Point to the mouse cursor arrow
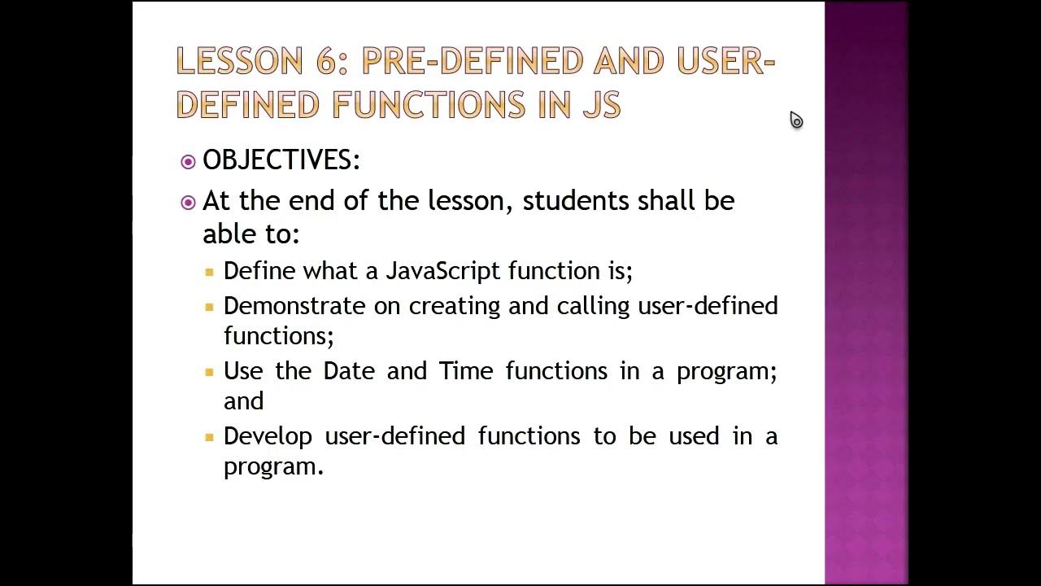pyautogui.click(x=795, y=120)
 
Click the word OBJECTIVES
pyautogui.click(x=281, y=160)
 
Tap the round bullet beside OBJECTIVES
pyautogui.click(x=188, y=161)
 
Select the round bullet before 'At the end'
pyautogui.click(x=188, y=202)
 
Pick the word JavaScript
pyautogui.click(x=443, y=271)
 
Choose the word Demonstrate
pyautogui.click(x=294, y=306)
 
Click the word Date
pyautogui.click(x=349, y=371)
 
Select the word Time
pyautogui.click(x=466, y=371)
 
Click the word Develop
pyautogui.click(x=268, y=436)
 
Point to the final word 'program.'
pyautogui.click(x=274, y=467)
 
